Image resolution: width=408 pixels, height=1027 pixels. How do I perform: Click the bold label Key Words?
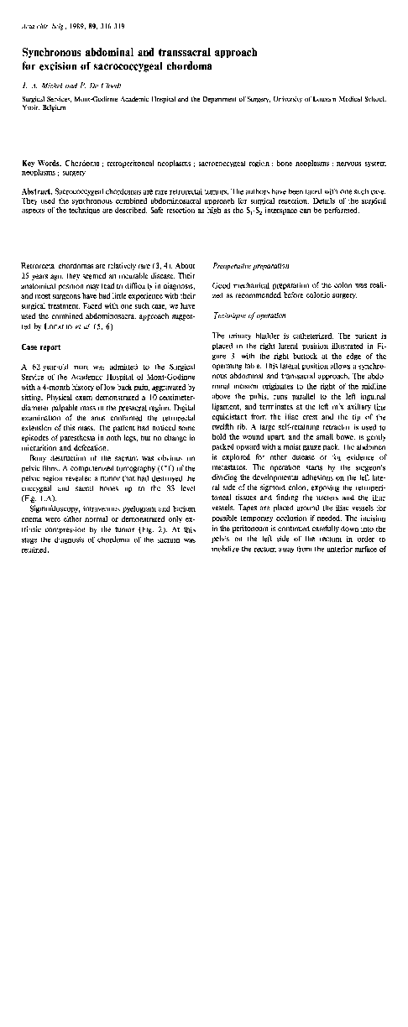pyautogui.click(x=39, y=161)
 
